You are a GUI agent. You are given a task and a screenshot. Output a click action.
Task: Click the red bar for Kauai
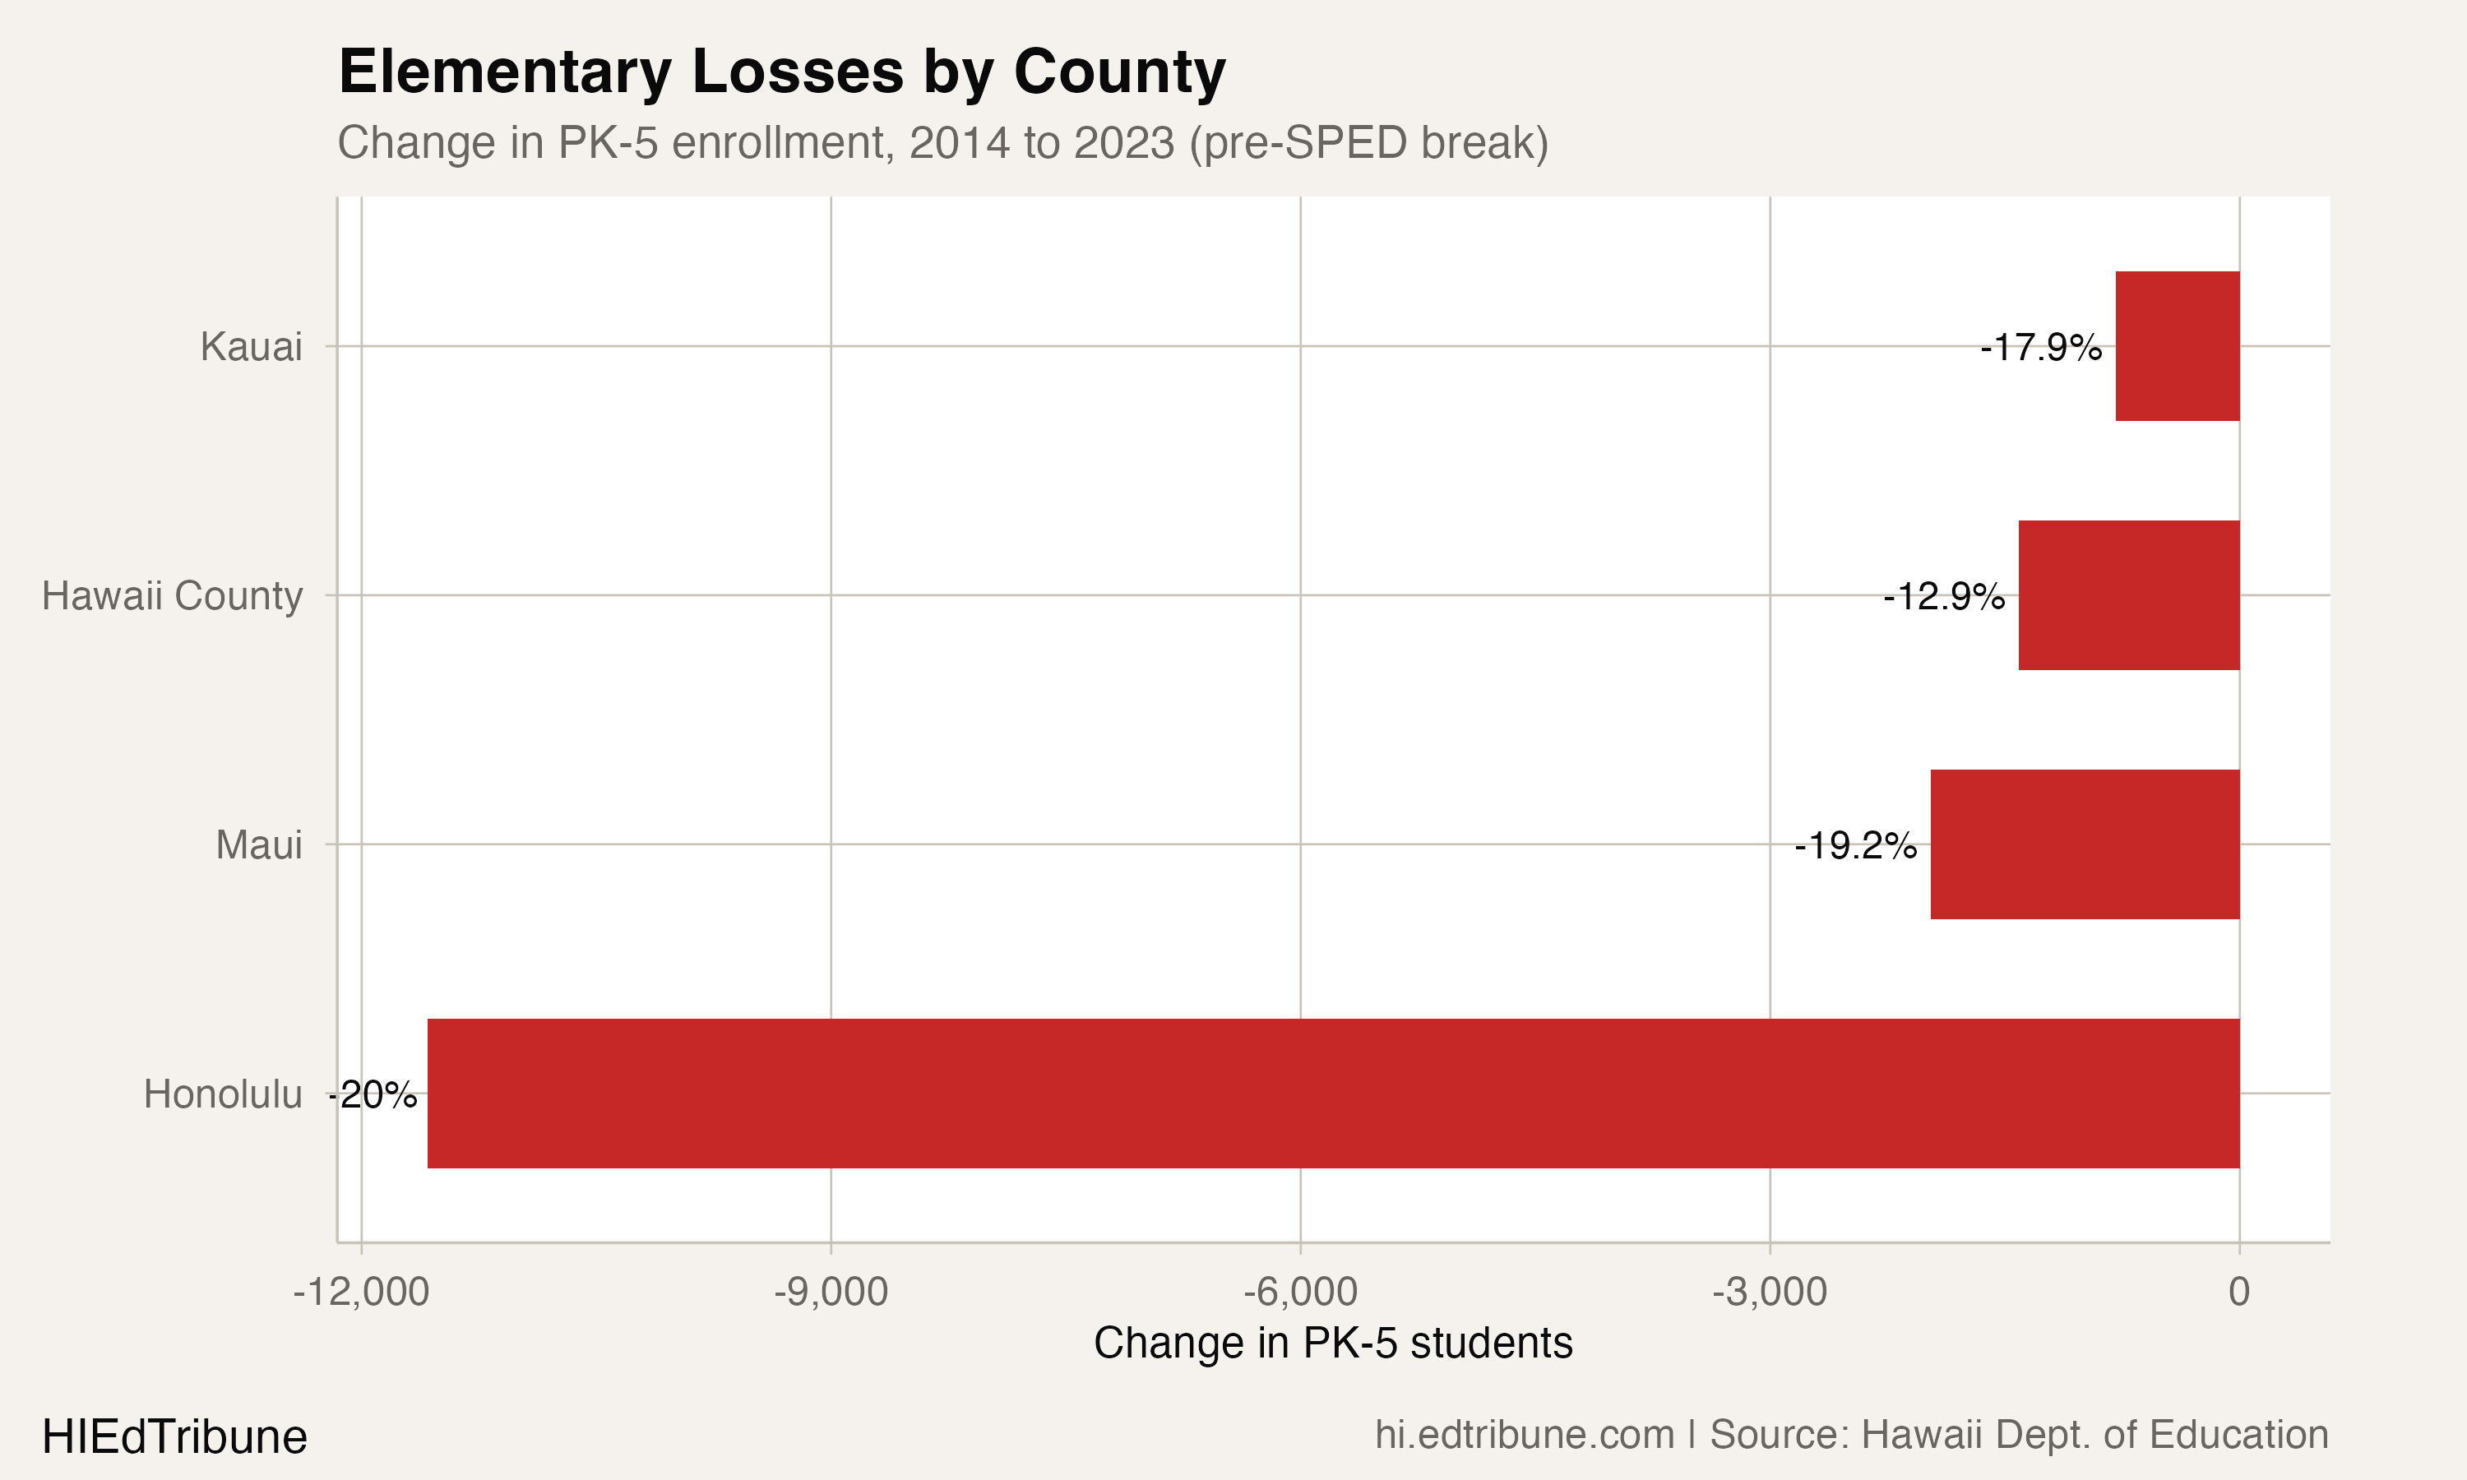[2178, 346]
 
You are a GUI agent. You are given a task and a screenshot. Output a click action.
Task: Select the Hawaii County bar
[2129, 595]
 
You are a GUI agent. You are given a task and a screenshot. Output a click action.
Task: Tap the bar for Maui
[2085, 844]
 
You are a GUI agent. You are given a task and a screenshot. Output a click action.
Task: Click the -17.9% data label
[2040, 348]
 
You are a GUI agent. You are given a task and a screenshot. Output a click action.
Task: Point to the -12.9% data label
[1943, 598]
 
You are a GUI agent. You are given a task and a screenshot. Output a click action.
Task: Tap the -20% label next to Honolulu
[373, 1095]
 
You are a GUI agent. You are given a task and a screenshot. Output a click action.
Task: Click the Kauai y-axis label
[252, 347]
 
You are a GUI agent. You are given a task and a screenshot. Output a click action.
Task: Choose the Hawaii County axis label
[172, 596]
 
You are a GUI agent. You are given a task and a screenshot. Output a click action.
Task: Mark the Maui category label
[259, 846]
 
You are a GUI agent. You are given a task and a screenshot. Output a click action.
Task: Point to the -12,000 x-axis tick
[361, 1293]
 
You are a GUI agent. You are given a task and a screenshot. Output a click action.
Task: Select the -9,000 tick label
[831, 1293]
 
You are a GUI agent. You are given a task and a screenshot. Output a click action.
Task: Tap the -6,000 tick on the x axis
[1300, 1293]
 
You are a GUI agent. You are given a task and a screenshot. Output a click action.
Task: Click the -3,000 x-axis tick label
[1770, 1293]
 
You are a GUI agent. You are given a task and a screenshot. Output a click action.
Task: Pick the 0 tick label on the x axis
[2240, 1293]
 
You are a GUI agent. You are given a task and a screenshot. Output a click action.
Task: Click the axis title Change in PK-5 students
[1333, 1344]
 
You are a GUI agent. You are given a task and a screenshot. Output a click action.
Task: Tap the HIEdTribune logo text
[174, 1437]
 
